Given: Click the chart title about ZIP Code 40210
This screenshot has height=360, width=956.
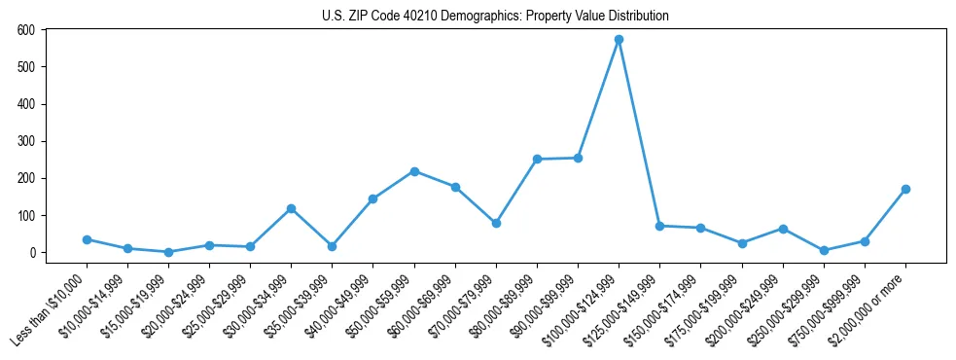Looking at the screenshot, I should point(495,17).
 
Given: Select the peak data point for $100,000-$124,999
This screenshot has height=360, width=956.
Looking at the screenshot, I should point(619,40).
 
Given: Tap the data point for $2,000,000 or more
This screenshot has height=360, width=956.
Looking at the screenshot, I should point(905,189).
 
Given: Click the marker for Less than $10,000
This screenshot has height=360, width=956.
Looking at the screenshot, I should point(87,239).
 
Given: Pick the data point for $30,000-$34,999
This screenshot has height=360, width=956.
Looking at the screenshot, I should point(291,208).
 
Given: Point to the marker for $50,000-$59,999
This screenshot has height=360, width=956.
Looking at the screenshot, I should point(414,171).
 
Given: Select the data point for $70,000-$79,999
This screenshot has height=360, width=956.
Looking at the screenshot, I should point(496,223).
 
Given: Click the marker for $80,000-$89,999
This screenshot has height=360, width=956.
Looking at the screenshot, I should point(537,159).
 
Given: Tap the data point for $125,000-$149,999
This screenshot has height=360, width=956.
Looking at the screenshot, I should point(659,226).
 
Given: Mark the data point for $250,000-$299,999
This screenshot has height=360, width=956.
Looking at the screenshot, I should point(824,250).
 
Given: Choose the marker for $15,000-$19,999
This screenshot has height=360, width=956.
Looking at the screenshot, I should point(168,252).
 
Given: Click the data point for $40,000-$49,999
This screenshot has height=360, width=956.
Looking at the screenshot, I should point(372,198).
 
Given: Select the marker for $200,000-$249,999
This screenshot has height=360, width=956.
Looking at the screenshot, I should point(783,229).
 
